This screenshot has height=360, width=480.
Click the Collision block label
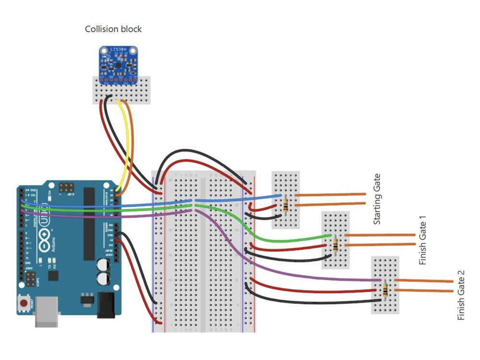tap(113, 29)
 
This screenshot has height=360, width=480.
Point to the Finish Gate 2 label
tap(461, 296)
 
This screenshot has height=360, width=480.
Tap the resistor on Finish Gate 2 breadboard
tap(386, 290)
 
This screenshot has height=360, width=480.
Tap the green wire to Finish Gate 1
tap(288, 239)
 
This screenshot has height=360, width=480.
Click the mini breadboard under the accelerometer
tap(121, 90)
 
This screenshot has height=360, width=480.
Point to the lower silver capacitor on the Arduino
tap(102, 279)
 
